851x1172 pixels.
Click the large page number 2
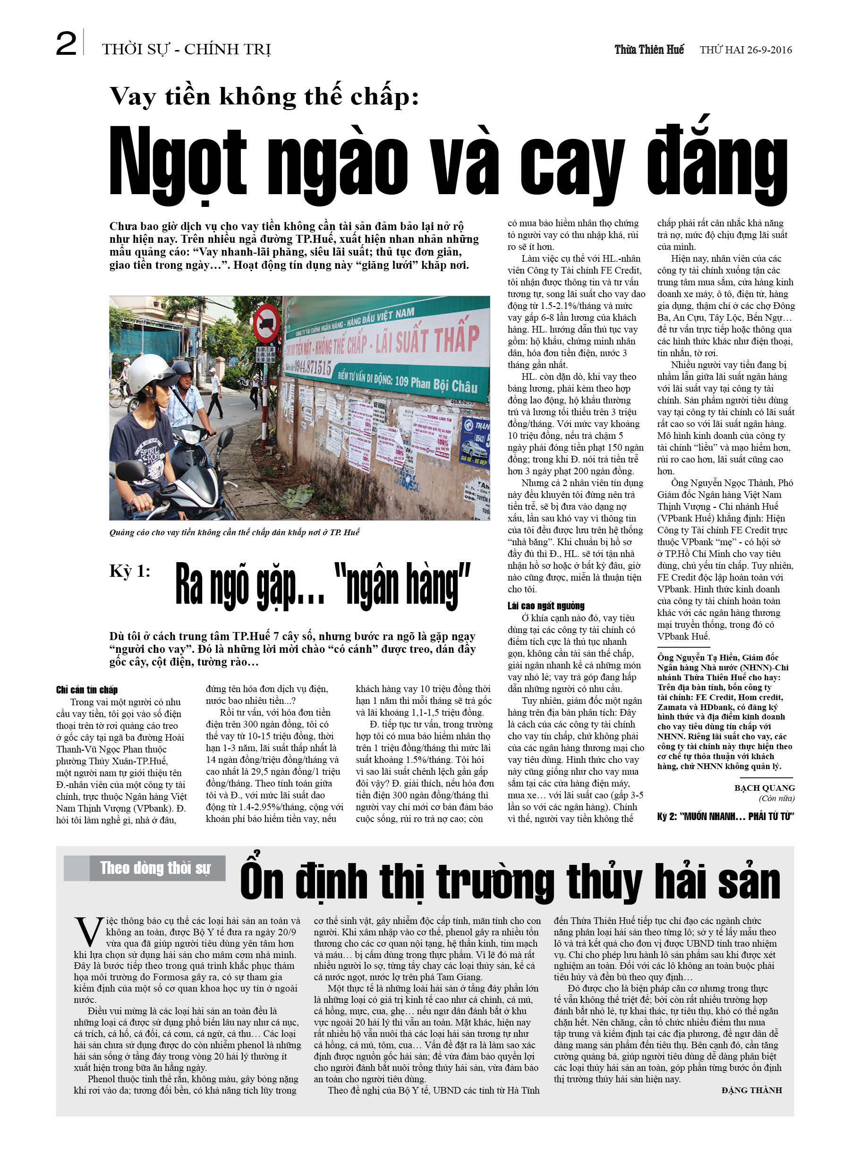[66, 44]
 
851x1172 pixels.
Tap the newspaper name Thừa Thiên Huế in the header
[649, 50]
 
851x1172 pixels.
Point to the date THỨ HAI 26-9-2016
[746, 50]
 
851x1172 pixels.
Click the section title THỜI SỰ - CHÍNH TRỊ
[186, 50]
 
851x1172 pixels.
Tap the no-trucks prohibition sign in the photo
[267, 324]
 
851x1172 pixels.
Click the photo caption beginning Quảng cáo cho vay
[234, 532]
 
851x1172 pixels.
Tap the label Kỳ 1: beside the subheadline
[130, 572]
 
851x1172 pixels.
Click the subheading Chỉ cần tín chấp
[87, 690]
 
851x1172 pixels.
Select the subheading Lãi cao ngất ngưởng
[545, 606]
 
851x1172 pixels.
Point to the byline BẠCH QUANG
[764, 787]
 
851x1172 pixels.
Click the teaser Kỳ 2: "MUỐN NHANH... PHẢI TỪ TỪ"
[725, 816]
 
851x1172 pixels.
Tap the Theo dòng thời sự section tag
[155, 868]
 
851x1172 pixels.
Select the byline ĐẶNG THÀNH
[751, 1090]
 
